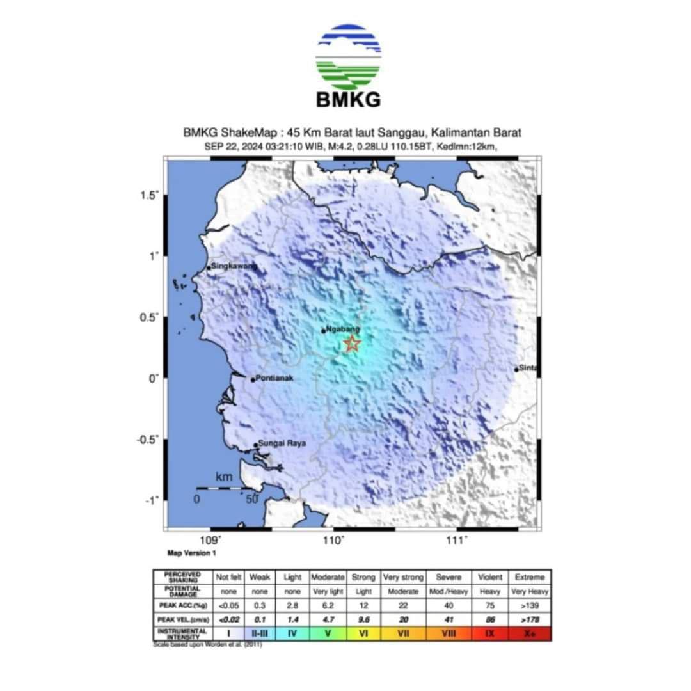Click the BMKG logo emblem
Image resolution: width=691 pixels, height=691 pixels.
[x=348, y=57]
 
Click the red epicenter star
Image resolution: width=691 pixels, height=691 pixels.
[x=352, y=344]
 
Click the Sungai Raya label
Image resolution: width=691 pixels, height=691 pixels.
[x=282, y=443]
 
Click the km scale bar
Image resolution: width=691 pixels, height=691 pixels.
[x=223, y=488]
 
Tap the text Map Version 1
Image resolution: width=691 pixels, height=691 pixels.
[x=192, y=553]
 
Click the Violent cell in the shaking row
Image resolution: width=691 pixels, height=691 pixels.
[x=491, y=577]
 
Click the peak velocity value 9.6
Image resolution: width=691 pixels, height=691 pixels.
[x=363, y=620]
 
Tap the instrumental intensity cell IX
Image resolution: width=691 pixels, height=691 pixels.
[x=491, y=633]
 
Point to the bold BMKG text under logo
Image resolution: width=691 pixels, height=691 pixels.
[x=348, y=100]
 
